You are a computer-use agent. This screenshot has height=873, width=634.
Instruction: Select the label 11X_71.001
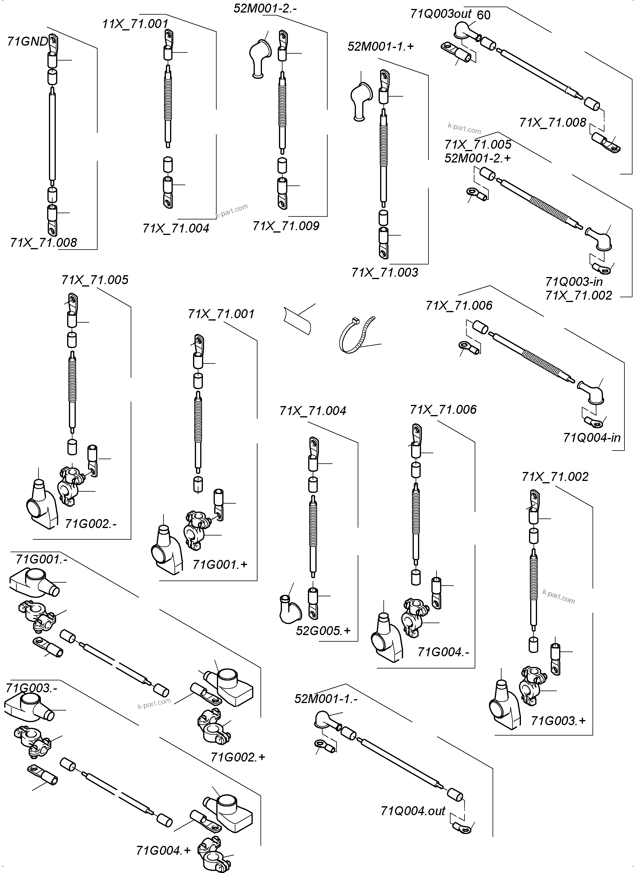tap(135, 24)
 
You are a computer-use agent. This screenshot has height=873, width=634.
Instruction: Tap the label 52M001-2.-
tap(265, 8)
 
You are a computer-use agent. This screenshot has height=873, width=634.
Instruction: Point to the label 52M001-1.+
tap(381, 47)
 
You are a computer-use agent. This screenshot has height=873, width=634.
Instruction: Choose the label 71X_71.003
tap(384, 273)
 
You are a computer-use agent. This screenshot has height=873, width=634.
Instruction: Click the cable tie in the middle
tap(356, 335)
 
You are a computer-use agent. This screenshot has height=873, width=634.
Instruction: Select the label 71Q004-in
tap(592, 438)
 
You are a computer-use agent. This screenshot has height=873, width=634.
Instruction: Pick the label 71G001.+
tap(220, 565)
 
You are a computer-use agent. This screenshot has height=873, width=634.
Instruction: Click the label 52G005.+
tap(323, 631)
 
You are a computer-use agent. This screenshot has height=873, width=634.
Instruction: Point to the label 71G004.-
tap(443, 652)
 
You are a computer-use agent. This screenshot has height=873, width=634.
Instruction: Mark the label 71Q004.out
tap(413, 811)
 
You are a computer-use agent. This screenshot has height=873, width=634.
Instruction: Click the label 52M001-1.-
tap(326, 699)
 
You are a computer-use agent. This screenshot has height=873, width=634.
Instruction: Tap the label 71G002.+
tap(238, 757)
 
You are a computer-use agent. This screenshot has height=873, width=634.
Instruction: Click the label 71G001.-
tap(41, 559)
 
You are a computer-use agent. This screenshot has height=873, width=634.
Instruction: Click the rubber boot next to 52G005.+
tap(290, 610)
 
